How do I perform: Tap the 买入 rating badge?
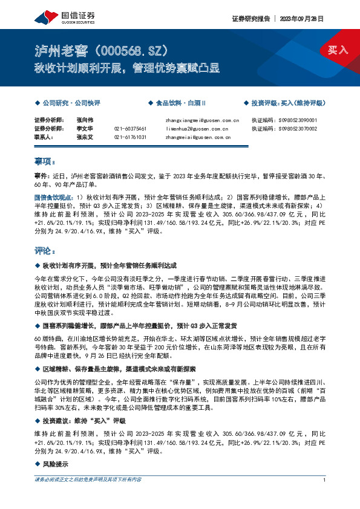click(x=338, y=50)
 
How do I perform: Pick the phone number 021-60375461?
click(x=130, y=129)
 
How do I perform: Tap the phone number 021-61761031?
click(x=130, y=137)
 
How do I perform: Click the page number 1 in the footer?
click(x=325, y=480)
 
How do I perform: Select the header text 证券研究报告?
click(x=251, y=18)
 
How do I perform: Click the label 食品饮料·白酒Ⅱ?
click(x=182, y=103)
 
